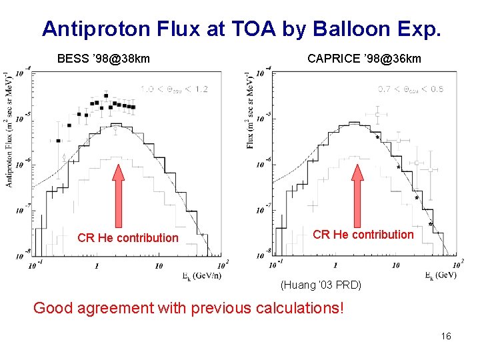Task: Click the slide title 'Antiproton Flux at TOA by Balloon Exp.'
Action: click(241, 29)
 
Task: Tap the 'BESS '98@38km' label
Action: click(103, 59)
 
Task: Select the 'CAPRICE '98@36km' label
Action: click(364, 59)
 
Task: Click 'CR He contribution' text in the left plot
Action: click(128, 238)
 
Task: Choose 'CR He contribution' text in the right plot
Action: click(363, 235)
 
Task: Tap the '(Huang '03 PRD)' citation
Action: click(321, 285)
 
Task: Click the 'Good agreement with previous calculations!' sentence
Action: click(189, 308)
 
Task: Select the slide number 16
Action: click(446, 336)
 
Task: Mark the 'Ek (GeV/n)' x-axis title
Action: click(201, 275)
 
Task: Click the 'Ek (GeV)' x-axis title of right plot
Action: click(441, 275)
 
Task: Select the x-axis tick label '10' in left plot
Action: click(158, 266)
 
